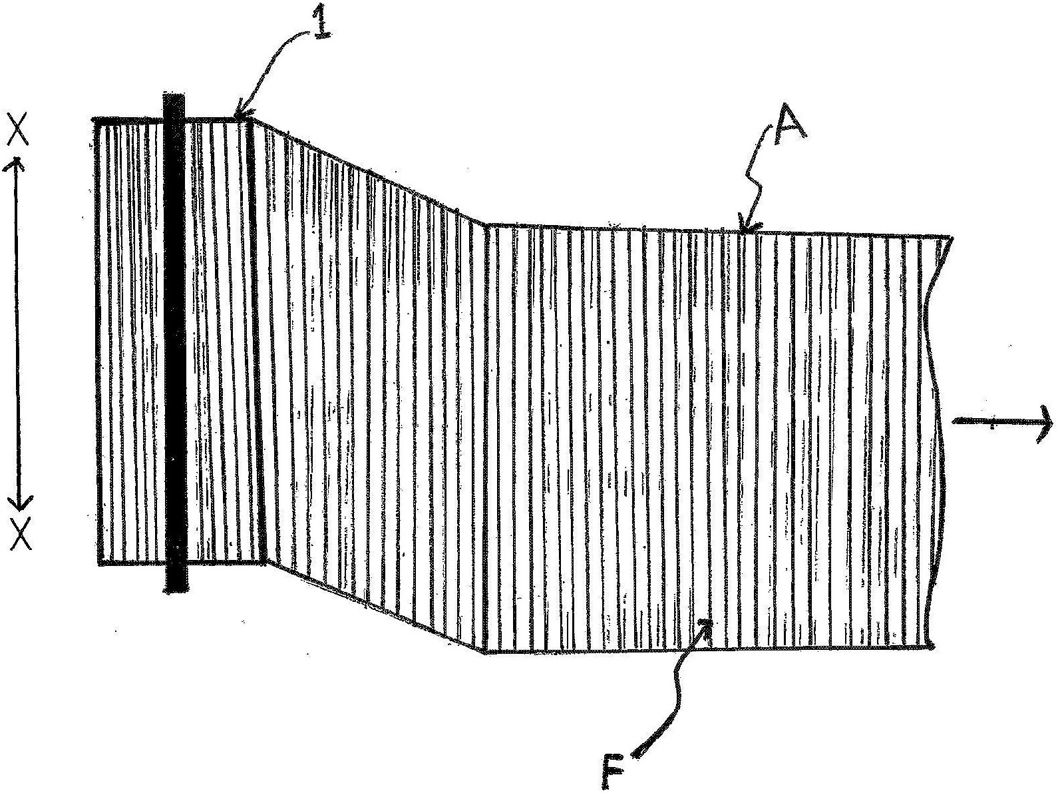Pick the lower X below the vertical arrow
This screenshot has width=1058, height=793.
pos(21,535)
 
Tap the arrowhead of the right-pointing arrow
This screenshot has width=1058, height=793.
pos(1043,422)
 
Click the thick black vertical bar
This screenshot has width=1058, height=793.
pos(176,342)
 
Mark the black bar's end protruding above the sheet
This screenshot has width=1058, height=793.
pos(174,104)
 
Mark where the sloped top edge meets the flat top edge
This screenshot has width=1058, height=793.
pos(487,224)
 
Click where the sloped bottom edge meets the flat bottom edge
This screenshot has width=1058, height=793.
pos(485,652)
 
